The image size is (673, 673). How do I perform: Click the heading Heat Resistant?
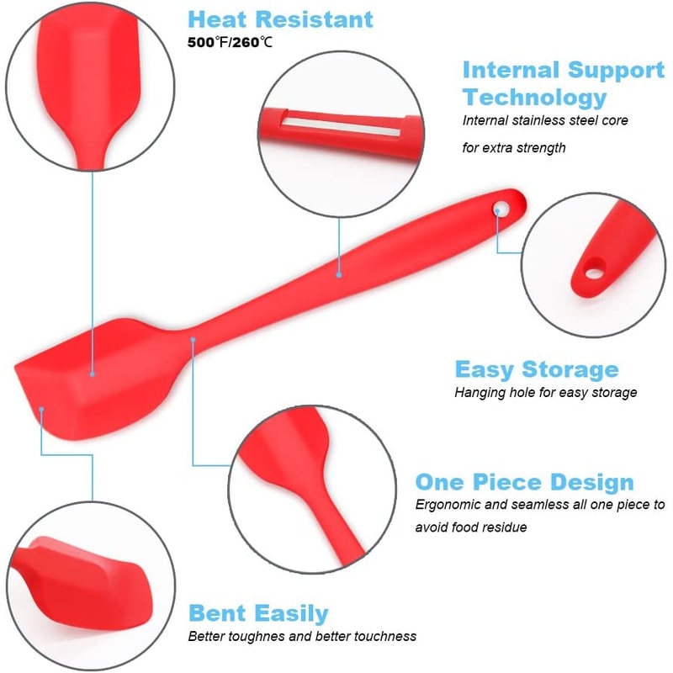click(x=281, y=19)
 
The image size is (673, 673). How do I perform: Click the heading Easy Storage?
click(x=537, y=369)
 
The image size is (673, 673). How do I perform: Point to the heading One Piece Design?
click(x=524, y=482)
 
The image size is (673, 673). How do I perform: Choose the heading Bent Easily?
click(x=258, y=612)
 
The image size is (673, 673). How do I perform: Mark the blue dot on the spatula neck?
click(x=193, y=339)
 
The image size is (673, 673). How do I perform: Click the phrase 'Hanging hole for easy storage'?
click(x=545, y=392)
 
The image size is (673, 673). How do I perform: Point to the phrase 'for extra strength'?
click(x=514, y=147)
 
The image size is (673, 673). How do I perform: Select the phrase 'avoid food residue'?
click(x=471, y=527)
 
